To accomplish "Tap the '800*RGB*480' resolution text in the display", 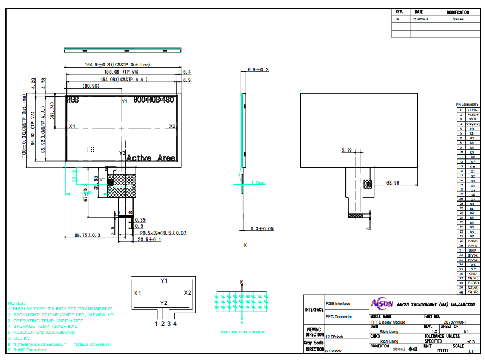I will click(154, 101).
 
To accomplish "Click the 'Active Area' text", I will click(151, 158).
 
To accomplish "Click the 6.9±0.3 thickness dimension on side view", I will click(258, 70).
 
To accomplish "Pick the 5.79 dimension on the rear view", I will click(347, 150).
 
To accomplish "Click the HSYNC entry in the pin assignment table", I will click(472, 255).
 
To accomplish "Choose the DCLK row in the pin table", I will click(472, 246).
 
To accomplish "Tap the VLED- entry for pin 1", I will click(472, 110).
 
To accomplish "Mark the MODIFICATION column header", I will click(458, 12).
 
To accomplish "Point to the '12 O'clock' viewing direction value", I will click(335, 337).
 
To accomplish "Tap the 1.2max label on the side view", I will click(258, 183).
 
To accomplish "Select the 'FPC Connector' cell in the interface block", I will click(338, 316).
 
